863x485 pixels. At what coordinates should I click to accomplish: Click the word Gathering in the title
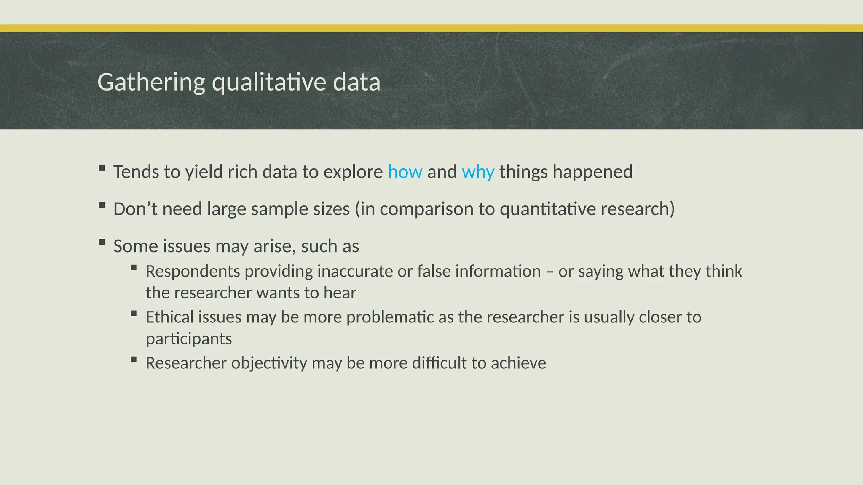151,82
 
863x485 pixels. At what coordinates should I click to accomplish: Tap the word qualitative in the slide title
269,82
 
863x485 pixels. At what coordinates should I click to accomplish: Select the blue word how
405,172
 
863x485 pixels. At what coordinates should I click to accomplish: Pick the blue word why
478,172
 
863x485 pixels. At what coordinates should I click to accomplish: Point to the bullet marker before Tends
102,168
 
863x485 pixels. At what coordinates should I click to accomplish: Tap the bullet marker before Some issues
102,242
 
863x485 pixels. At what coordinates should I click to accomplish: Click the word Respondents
193,271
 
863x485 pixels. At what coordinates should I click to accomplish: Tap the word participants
189,338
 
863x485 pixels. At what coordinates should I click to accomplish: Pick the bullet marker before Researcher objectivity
134,359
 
